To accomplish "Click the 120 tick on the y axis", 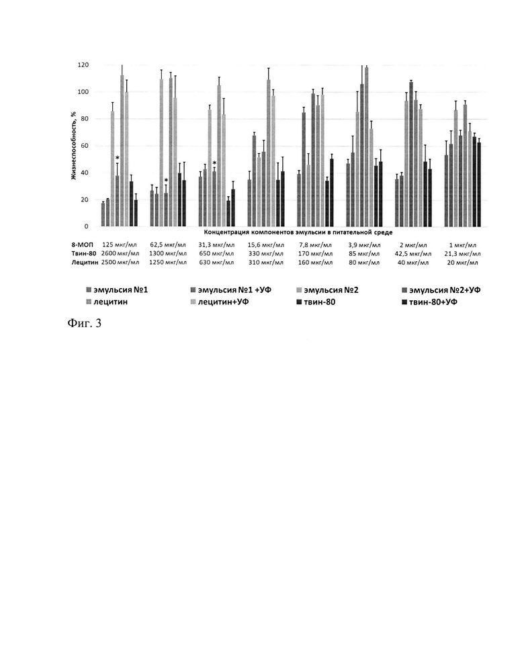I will pos(82,65).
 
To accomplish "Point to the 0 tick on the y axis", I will pos(85,226).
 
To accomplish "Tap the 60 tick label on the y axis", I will pos(83,146).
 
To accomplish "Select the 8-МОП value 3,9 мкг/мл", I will pos(367,245).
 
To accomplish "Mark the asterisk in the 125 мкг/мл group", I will pos(118,159).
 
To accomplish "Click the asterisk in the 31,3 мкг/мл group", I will pos(214,163).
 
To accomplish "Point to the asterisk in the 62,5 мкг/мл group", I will pos(166,180).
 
